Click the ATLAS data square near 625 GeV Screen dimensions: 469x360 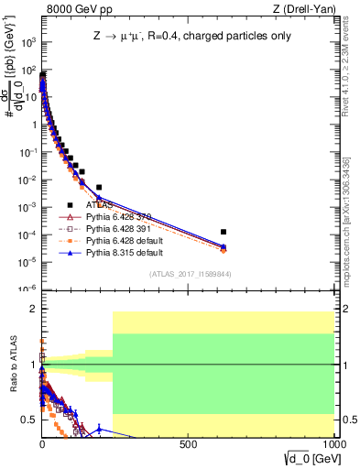(224, 232)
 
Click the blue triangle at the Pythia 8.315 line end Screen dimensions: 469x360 (224, 245)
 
